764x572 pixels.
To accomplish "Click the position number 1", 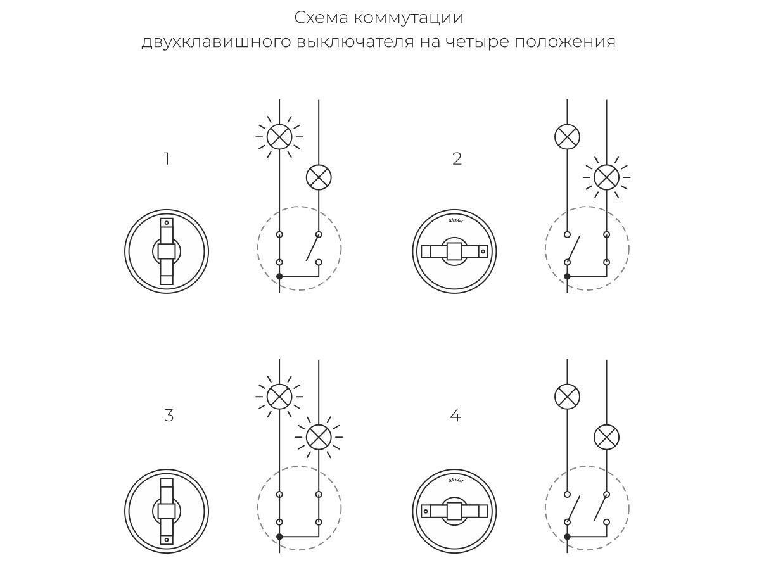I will pyautogui.click(x=167, y=159).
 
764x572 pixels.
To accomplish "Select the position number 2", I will pyautogui.click(x=457, y=159).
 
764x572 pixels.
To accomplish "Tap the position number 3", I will pyautogui.click(x=169, y=416).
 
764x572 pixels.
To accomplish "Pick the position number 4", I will pyautogui.click(x=455, y=416).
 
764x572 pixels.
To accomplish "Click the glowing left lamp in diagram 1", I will pyautogui.click(x=279, y=137).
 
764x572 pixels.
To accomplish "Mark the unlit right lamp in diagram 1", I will pyautogui.click(x=319, y=177).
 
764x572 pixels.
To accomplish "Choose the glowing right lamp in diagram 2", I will pyautogui.click(x=606, y=177).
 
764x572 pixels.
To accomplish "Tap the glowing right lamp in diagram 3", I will pyautogui.click(x=319, y=437).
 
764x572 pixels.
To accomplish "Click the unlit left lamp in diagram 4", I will pyautogui.click(x=567, y=397).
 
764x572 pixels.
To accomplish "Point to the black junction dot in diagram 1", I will pyautogui.click(x=279, y=276).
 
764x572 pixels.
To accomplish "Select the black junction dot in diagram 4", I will pyautogui.click(x=567, y=537).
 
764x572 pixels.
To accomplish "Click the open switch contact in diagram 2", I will pyautogui.click(x=573, y=248).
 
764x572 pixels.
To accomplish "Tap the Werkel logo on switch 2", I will pyautogui.click(x=455, y=220).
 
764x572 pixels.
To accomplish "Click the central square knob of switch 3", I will pyautogui.click(x=166, y=511).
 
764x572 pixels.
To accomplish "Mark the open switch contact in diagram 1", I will pyautogui.click(x=312, y=248).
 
